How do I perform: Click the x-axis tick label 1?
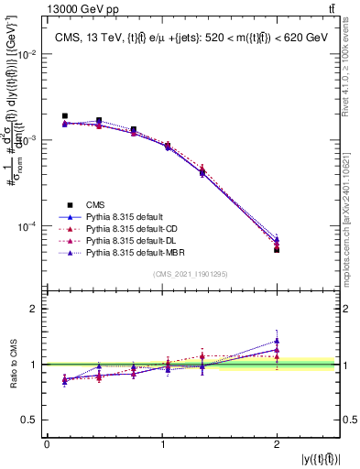tap(162, 444)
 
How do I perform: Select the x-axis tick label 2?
tap(277, 444)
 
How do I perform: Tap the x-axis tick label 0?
tap(47, 444)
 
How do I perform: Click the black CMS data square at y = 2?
tap(277, 249)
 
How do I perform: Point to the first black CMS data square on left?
tap(64, 116)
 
